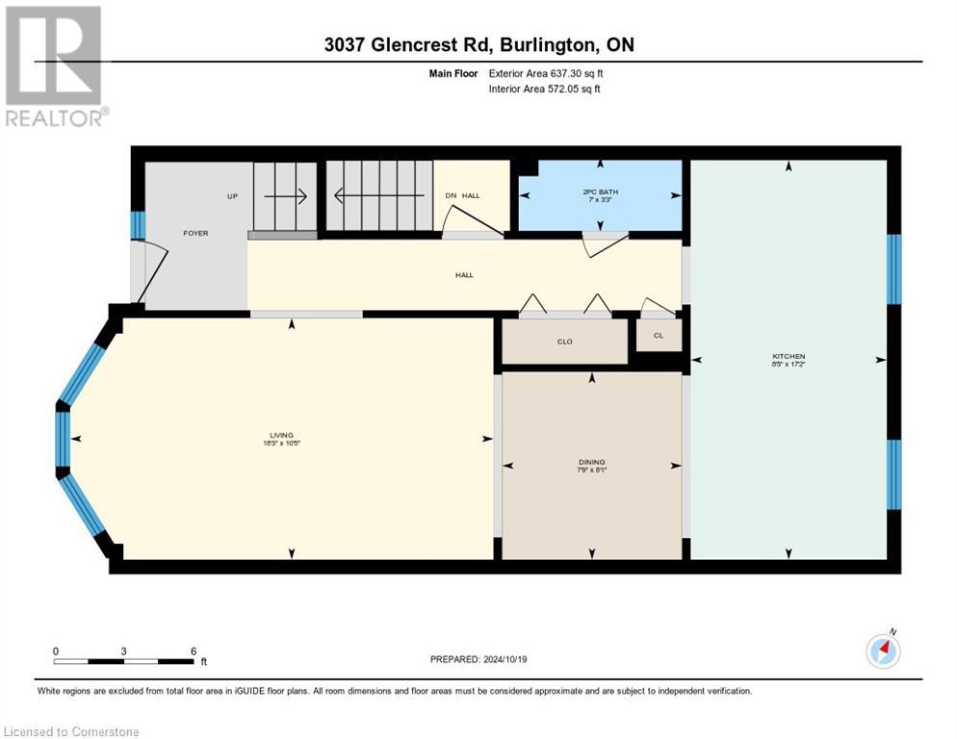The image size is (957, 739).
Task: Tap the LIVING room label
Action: click(281, 435)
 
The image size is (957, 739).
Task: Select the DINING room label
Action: click(592, 462)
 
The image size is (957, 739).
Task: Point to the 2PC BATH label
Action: click(601, 191)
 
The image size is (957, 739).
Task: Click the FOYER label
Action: click(195, 233)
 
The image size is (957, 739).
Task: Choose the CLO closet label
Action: click(564, 342)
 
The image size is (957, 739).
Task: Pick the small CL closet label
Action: click(659, 335)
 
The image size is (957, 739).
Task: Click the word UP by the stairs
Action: click(232, 196)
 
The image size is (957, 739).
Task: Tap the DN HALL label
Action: click(462, 196)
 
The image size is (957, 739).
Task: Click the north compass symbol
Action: click(883, 650)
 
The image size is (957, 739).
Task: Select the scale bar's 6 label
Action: click(194, 650)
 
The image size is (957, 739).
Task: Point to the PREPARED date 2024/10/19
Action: click(480, 659)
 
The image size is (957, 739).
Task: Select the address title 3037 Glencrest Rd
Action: click(478, 45)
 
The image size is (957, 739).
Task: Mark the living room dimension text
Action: click(281, 444)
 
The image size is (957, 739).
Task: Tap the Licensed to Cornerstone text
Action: click(72, 732)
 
